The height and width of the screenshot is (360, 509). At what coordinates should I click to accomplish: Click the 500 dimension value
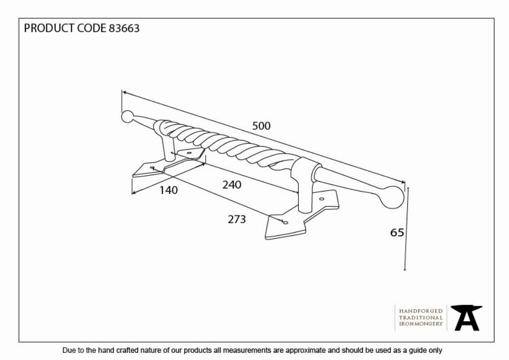point(261,126)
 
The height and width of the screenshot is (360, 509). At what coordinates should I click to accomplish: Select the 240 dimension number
point(232,185)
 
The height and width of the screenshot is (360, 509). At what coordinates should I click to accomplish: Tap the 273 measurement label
point(237,219)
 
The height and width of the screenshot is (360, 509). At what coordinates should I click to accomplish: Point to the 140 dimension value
point(168,190)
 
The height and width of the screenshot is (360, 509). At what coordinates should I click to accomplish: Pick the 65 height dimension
point(397,232)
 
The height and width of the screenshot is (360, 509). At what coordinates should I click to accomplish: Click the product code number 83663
point(124,28)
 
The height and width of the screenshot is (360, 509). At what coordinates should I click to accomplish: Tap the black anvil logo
point(466,318)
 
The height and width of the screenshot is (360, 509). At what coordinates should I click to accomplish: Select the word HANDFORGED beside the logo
point(421,311)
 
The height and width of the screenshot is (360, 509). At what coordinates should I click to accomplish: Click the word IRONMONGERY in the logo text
point(421,324)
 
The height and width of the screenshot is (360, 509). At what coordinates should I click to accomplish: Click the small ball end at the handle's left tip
point(127,117)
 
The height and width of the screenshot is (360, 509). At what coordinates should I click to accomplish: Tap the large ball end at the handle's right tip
point(392,197)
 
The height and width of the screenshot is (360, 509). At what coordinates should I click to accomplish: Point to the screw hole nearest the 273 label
point(286,223)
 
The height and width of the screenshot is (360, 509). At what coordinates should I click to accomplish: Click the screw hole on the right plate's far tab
point(322,199)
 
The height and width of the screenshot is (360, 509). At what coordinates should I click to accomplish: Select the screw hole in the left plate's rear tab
point(189,153)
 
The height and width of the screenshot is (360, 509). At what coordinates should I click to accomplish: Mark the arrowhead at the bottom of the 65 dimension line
point(405,268)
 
